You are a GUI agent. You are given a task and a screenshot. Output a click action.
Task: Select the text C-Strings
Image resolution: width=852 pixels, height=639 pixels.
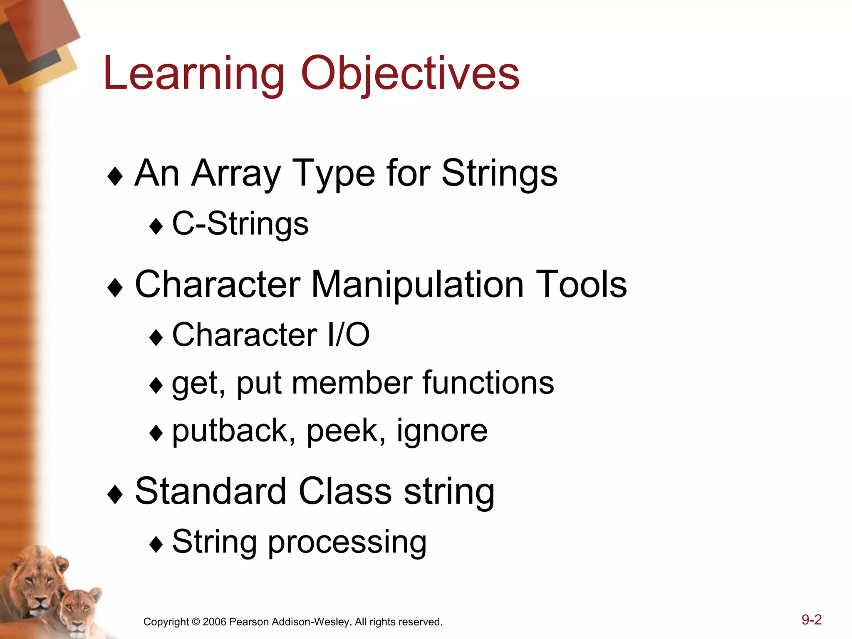240,224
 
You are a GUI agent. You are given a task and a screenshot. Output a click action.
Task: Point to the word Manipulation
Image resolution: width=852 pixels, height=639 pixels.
417,285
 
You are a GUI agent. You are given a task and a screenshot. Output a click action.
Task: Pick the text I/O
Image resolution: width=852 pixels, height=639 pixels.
349,335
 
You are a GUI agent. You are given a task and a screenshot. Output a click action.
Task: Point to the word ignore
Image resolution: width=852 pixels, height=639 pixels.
442,431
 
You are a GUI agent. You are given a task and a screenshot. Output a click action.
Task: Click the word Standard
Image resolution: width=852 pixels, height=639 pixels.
211,492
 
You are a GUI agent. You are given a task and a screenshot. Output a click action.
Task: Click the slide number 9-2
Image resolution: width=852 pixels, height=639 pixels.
811,620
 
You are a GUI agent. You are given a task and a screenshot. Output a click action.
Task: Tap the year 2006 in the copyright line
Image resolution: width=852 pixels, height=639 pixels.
214,622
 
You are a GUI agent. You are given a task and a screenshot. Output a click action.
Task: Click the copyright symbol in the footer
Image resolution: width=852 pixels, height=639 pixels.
196,622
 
